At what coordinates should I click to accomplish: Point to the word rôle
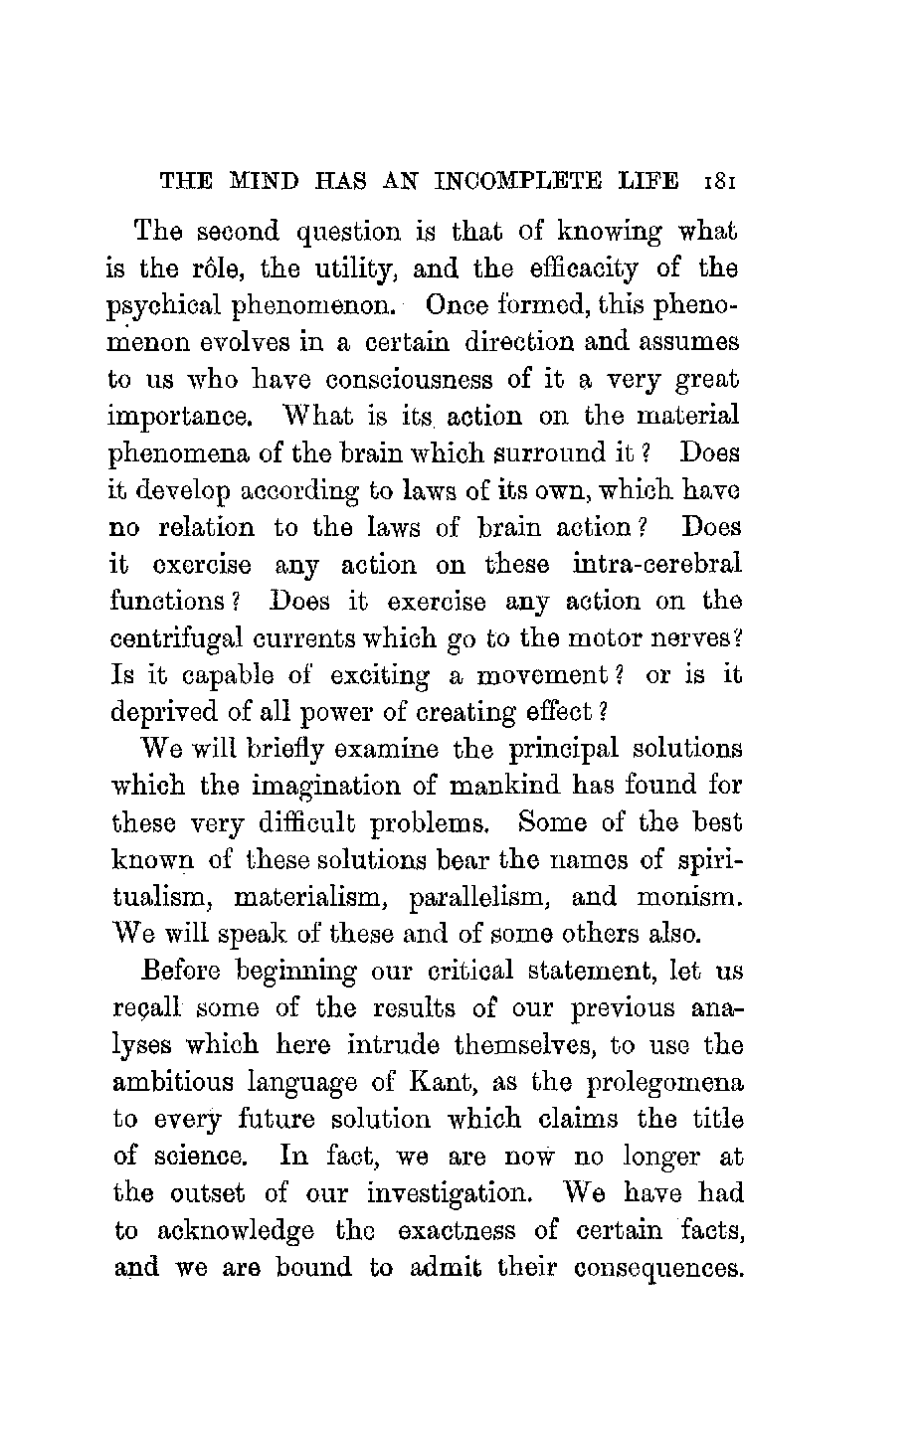[217, 269]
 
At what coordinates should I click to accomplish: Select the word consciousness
[412, 381]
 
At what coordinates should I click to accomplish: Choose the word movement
[538, 675]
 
